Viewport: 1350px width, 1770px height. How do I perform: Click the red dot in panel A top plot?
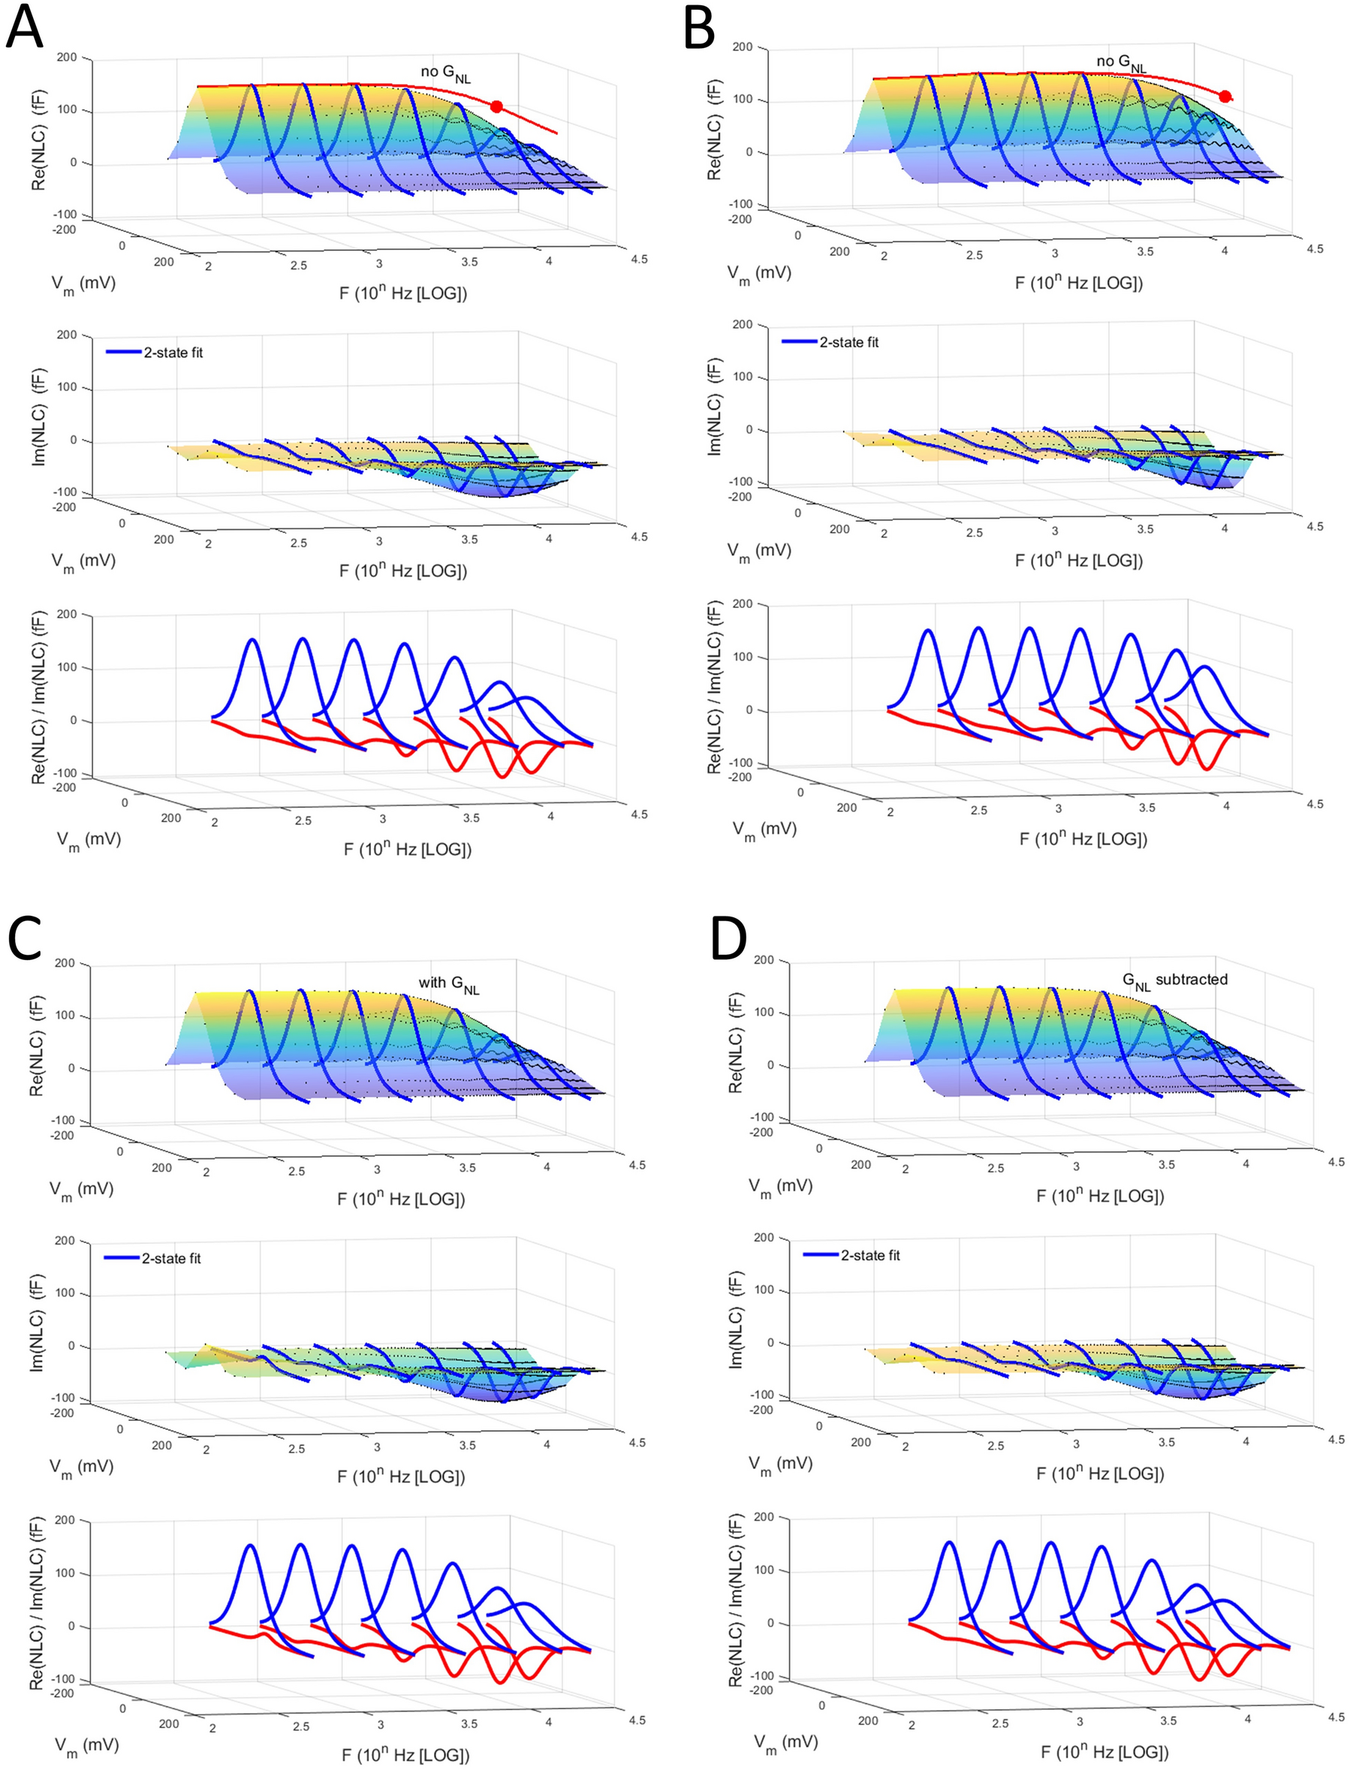click(496, 107)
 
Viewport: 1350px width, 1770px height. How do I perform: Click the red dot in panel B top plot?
click(1225, 96)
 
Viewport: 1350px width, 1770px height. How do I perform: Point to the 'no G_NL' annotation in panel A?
click(445, 74)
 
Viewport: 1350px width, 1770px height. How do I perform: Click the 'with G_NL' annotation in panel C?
click(448, 984)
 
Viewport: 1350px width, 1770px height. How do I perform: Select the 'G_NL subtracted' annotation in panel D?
click(1174, 981)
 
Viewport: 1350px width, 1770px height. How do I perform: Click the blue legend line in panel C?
click(122, 1257)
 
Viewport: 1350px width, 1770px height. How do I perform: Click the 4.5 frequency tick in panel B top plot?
click(1314, 250)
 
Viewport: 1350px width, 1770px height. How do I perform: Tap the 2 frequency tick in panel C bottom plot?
click(212, 1727)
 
